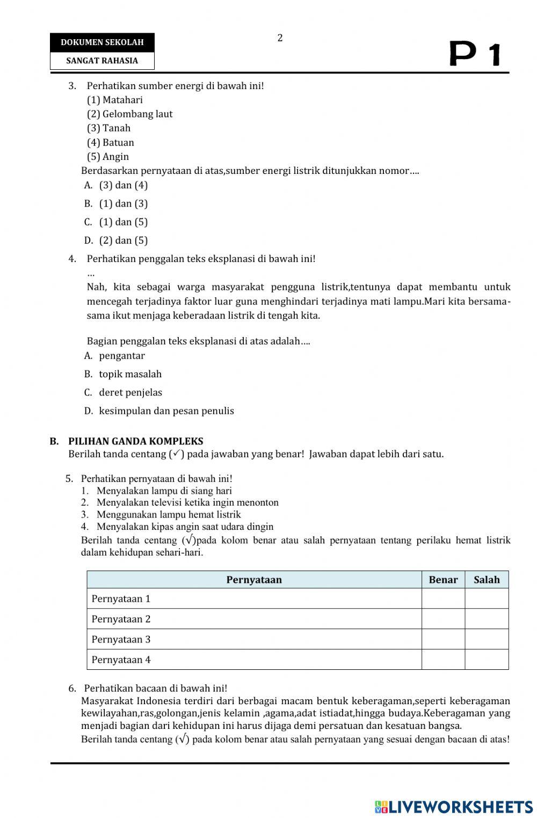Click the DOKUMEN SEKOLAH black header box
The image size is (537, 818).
click(102, 42)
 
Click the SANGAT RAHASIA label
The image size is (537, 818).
click(102, 61)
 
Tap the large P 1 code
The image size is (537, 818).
click(475, 55)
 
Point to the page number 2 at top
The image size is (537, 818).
click(280, 38)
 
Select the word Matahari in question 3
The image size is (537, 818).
click(122, 100)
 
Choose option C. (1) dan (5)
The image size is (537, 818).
click(116, 222)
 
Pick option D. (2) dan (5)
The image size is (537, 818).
click(116, 240)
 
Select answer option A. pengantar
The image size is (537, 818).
click(115, 356)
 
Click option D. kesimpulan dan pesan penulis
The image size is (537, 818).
click(159, 411)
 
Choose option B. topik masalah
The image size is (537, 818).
click(123, 374)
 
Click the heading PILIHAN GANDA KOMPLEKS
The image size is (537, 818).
click(135, 441)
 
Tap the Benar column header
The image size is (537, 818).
click(443, 580)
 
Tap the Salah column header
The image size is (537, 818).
click(487, 580)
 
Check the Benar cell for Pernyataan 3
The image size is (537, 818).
click(443, 639)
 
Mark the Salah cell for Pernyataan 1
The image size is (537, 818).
click(487, 598)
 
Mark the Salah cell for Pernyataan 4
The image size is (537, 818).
click(487, 660)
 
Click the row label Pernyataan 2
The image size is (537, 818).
click(121, 619)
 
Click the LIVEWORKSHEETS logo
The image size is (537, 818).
click(454, 806)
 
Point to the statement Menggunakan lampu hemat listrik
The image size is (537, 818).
click(169, 515)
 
